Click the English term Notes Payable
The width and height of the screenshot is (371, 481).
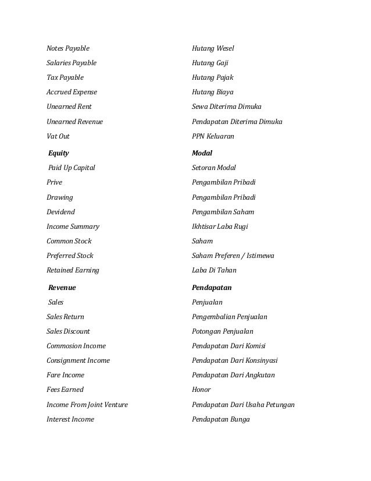68,48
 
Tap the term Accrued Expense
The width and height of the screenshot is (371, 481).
72,92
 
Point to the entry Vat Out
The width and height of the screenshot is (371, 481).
58,136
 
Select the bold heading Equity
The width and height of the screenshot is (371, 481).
58,153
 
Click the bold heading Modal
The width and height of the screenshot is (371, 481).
202,153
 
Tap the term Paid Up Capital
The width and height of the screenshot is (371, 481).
72,168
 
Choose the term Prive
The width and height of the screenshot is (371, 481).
54,182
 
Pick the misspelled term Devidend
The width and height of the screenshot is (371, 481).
60,212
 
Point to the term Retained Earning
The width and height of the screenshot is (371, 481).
73,270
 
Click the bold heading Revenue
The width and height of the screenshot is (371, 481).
62,288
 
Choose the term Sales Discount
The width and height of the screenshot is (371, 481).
68,331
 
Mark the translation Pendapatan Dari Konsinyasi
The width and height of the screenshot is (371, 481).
234,360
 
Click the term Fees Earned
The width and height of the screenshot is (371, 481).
65,390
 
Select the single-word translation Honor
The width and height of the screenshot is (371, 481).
201,390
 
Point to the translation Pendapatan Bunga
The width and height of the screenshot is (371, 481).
220,419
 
